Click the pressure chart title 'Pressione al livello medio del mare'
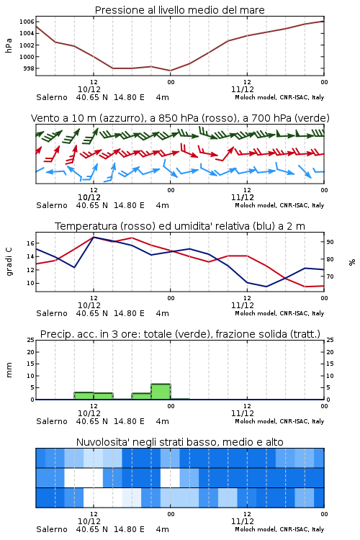(x=179, y=10)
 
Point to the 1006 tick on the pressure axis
(x=26, y=22)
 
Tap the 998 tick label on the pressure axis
(x=28, y=68)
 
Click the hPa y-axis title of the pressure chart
(x=9, y=45)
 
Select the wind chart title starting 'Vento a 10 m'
(x=180, y=118)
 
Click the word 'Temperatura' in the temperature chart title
(x=86, y=226)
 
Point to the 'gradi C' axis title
(x=9, y=261)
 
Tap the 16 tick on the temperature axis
(x=31, y=243)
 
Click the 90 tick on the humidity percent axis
(x=330, y=242)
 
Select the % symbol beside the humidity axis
(x=352, y=262)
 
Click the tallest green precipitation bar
(x=161, y=392)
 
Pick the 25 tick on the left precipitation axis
(x=31, y=340)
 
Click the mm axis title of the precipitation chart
(x=9, y=370)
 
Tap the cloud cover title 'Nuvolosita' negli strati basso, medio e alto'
(x=179, y=442)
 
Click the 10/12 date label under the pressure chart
(x=89, y=89)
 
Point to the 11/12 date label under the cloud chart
(x=243, y=521)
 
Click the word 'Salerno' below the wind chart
(x=52, y=205)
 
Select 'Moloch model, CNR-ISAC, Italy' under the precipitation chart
(x=279, y=421)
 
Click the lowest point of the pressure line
(x=170, y=71)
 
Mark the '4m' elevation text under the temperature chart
(x=162, y=313)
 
